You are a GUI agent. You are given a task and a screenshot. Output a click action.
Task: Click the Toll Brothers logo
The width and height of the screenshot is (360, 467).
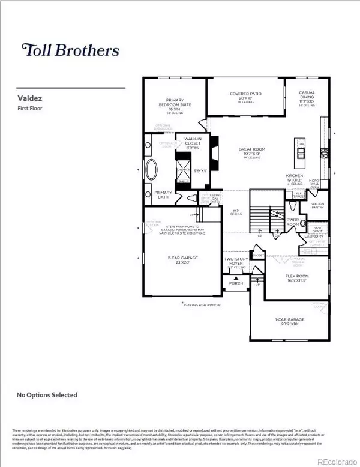[70, 50]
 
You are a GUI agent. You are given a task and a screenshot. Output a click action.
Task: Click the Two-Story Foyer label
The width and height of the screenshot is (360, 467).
[233, 261]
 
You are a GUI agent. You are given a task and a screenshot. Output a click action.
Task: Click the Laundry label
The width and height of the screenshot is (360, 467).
[314, 237]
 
